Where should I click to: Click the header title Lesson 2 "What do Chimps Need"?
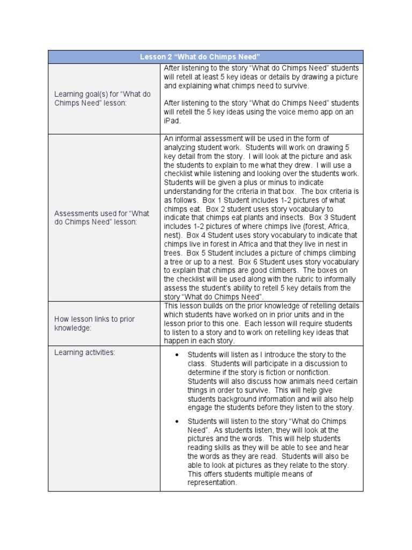coord(205,57)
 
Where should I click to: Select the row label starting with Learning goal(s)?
coord(102,98)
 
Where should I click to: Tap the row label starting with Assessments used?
coord(102,217)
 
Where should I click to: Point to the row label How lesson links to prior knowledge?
coord(94,323)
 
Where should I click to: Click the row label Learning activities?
coord(85,352)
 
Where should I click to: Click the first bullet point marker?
coord(176,355)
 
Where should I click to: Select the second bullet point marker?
coord(176,421)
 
